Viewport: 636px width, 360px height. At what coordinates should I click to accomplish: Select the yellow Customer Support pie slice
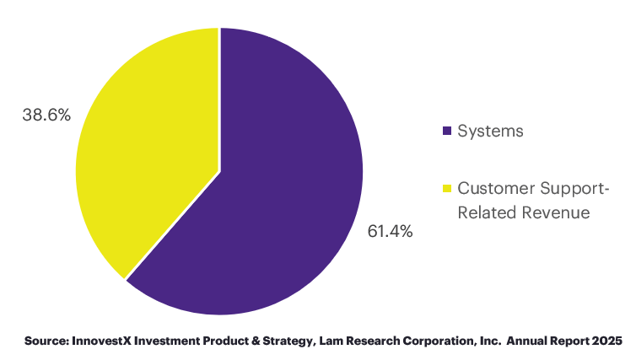152,152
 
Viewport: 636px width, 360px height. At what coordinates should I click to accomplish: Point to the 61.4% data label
390,231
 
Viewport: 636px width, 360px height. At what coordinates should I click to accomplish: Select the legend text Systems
490,131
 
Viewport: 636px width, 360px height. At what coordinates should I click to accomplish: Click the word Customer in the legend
490,187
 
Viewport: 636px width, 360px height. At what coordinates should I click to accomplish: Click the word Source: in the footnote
47,341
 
